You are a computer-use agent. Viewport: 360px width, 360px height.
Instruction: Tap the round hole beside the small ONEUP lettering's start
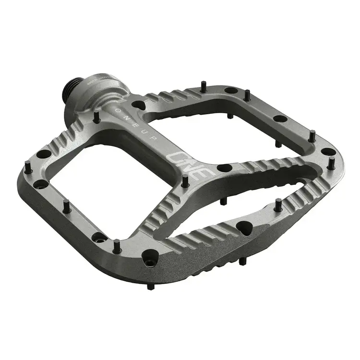click(x=137, y=104)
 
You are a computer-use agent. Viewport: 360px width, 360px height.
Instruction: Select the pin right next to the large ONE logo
click(x=184, y=180)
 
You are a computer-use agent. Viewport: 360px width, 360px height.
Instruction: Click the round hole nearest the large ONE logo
click(x=224, y=168)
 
